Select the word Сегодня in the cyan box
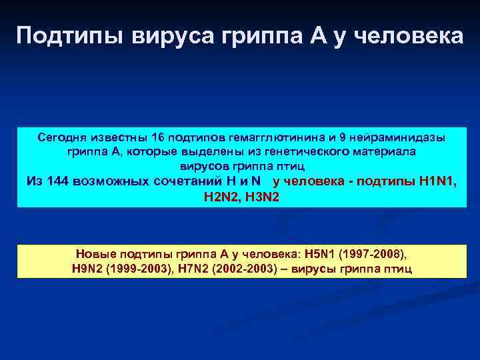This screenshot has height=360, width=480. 63,137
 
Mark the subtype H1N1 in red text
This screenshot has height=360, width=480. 438,181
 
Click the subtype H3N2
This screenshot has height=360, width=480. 261,197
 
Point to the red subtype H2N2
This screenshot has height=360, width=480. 220,197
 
